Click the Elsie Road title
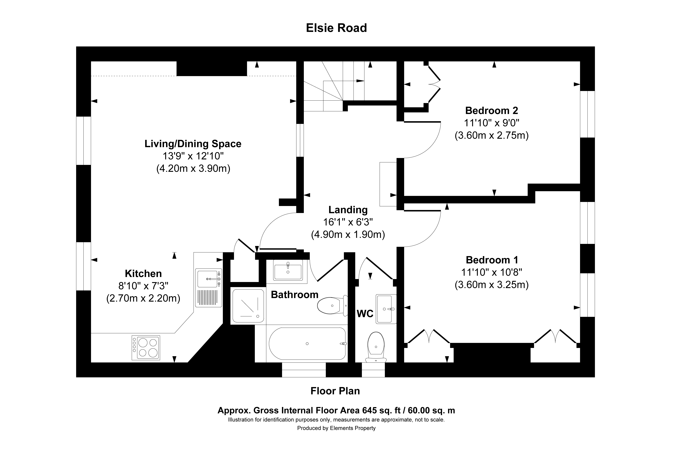(x=336, y=28)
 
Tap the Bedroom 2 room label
(x=492, y=111)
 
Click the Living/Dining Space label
(x=193, y=144)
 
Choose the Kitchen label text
(x=143, y=273)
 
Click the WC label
(x=365, y=314)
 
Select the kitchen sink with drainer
(x=208, y=288)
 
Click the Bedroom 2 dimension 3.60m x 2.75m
(x=492, y=136)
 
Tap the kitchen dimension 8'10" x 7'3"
(x=143, y=286)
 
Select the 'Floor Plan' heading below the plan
(x=335, y=391)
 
